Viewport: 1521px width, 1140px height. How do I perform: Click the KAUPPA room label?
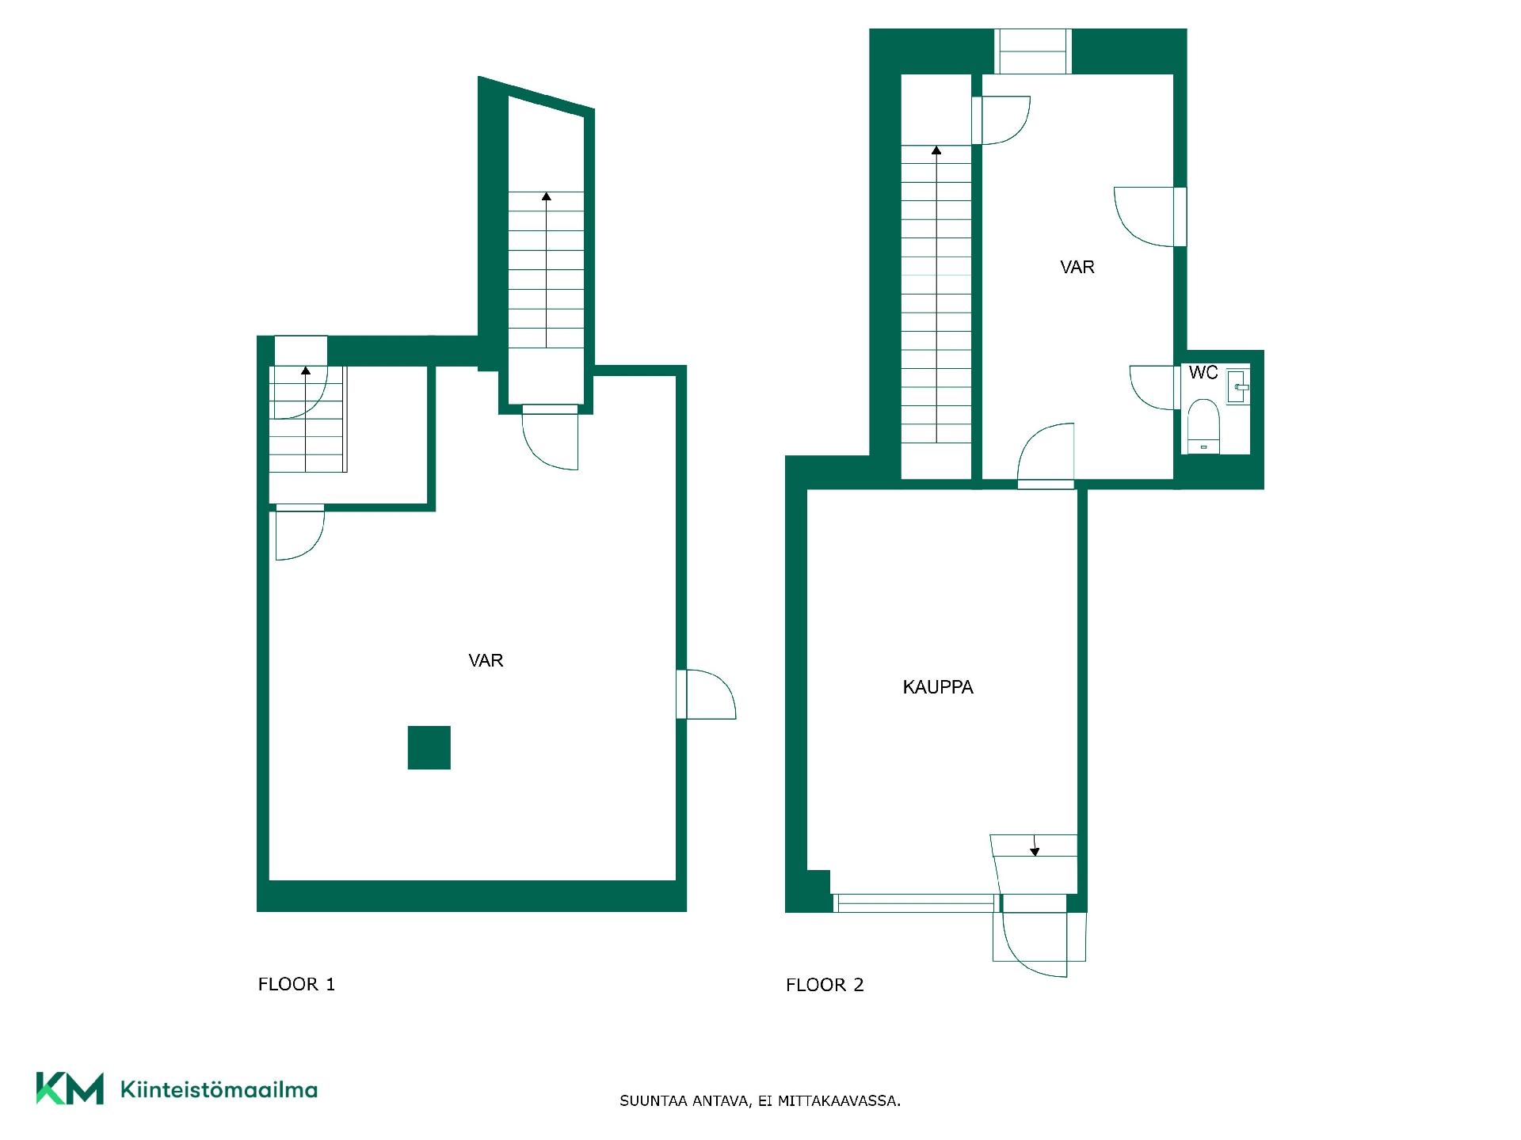[938, 687]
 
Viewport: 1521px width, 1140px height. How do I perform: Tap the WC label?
[1203, 373]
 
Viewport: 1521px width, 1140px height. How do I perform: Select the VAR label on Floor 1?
[486, 660]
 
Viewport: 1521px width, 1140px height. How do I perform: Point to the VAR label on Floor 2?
[1077, 267]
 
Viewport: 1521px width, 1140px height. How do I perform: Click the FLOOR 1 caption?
[297, 984]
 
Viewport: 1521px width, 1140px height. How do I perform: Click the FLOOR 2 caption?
[825, 985]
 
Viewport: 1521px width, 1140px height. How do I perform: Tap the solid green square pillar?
[429, 747]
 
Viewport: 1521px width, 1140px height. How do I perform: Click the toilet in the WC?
[1203, 426]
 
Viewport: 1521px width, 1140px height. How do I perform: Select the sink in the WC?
[1237, 386]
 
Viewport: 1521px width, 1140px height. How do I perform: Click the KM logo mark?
[70, 1089]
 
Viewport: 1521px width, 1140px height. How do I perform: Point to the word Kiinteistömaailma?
[219, 1089]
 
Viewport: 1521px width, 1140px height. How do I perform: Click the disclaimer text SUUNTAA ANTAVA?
[684, 1100]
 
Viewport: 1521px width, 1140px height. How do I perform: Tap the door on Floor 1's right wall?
[707, 694]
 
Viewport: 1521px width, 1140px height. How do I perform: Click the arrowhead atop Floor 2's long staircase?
[936, 150]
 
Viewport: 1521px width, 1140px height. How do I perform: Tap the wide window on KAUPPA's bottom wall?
[916, 902]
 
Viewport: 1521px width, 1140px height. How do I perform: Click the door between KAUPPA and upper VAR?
[1046, 455]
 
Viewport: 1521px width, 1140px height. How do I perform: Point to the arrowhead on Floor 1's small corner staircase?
[306, 370]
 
